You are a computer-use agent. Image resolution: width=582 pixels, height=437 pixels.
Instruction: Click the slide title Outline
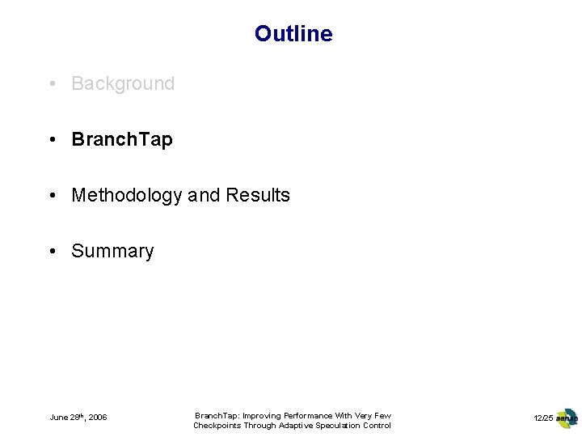click(x=293, y=34)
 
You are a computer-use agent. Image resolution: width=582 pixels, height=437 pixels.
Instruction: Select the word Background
click(x=123, y=83)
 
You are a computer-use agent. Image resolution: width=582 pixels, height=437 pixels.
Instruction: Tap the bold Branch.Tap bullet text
click(x=122, y=139)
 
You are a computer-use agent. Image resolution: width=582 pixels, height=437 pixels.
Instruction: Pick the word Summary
click(x=112, y=251)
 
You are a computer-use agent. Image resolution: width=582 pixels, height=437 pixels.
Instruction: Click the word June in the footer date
click(x=59, y=418)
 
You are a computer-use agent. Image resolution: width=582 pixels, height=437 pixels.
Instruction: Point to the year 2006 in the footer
click(x=98, y=418)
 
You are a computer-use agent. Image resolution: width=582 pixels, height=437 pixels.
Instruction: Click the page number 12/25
click(x=543, y=418)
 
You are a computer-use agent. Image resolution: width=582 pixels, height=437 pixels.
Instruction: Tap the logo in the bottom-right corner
click(x=567, y=418)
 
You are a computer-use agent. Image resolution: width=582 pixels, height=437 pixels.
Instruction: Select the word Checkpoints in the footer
click(x=218, y=426)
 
